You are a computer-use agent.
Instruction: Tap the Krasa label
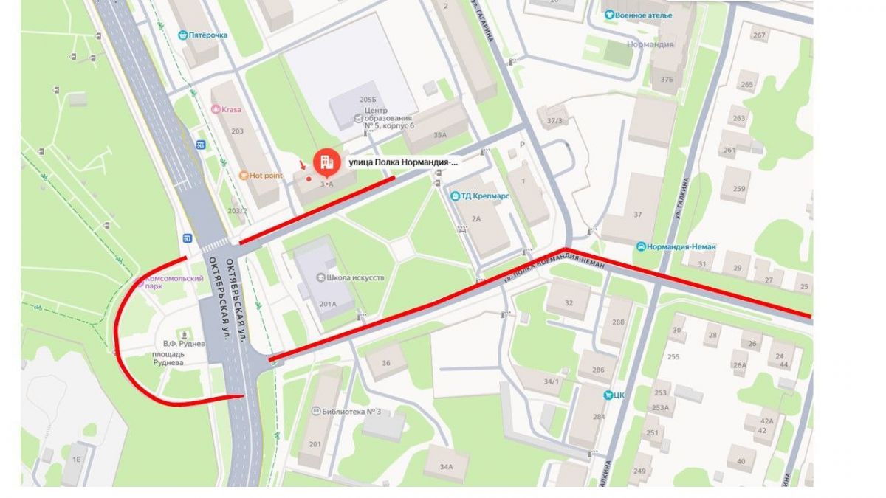pos(230,109)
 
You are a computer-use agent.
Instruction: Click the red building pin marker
pos(326,162)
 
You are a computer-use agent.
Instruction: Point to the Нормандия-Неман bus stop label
pos(681,246)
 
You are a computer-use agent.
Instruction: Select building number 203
pos(238,131)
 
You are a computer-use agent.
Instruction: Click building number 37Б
pos(667,80)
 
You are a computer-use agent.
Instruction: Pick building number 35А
pos(440,135)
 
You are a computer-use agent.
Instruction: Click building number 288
pos(618,322)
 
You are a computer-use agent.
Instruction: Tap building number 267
pos(758,35)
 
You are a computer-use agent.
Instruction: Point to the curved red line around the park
pos(118,332)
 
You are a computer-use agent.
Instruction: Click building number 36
pos(386,362)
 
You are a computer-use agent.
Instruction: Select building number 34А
pos(446,466)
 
